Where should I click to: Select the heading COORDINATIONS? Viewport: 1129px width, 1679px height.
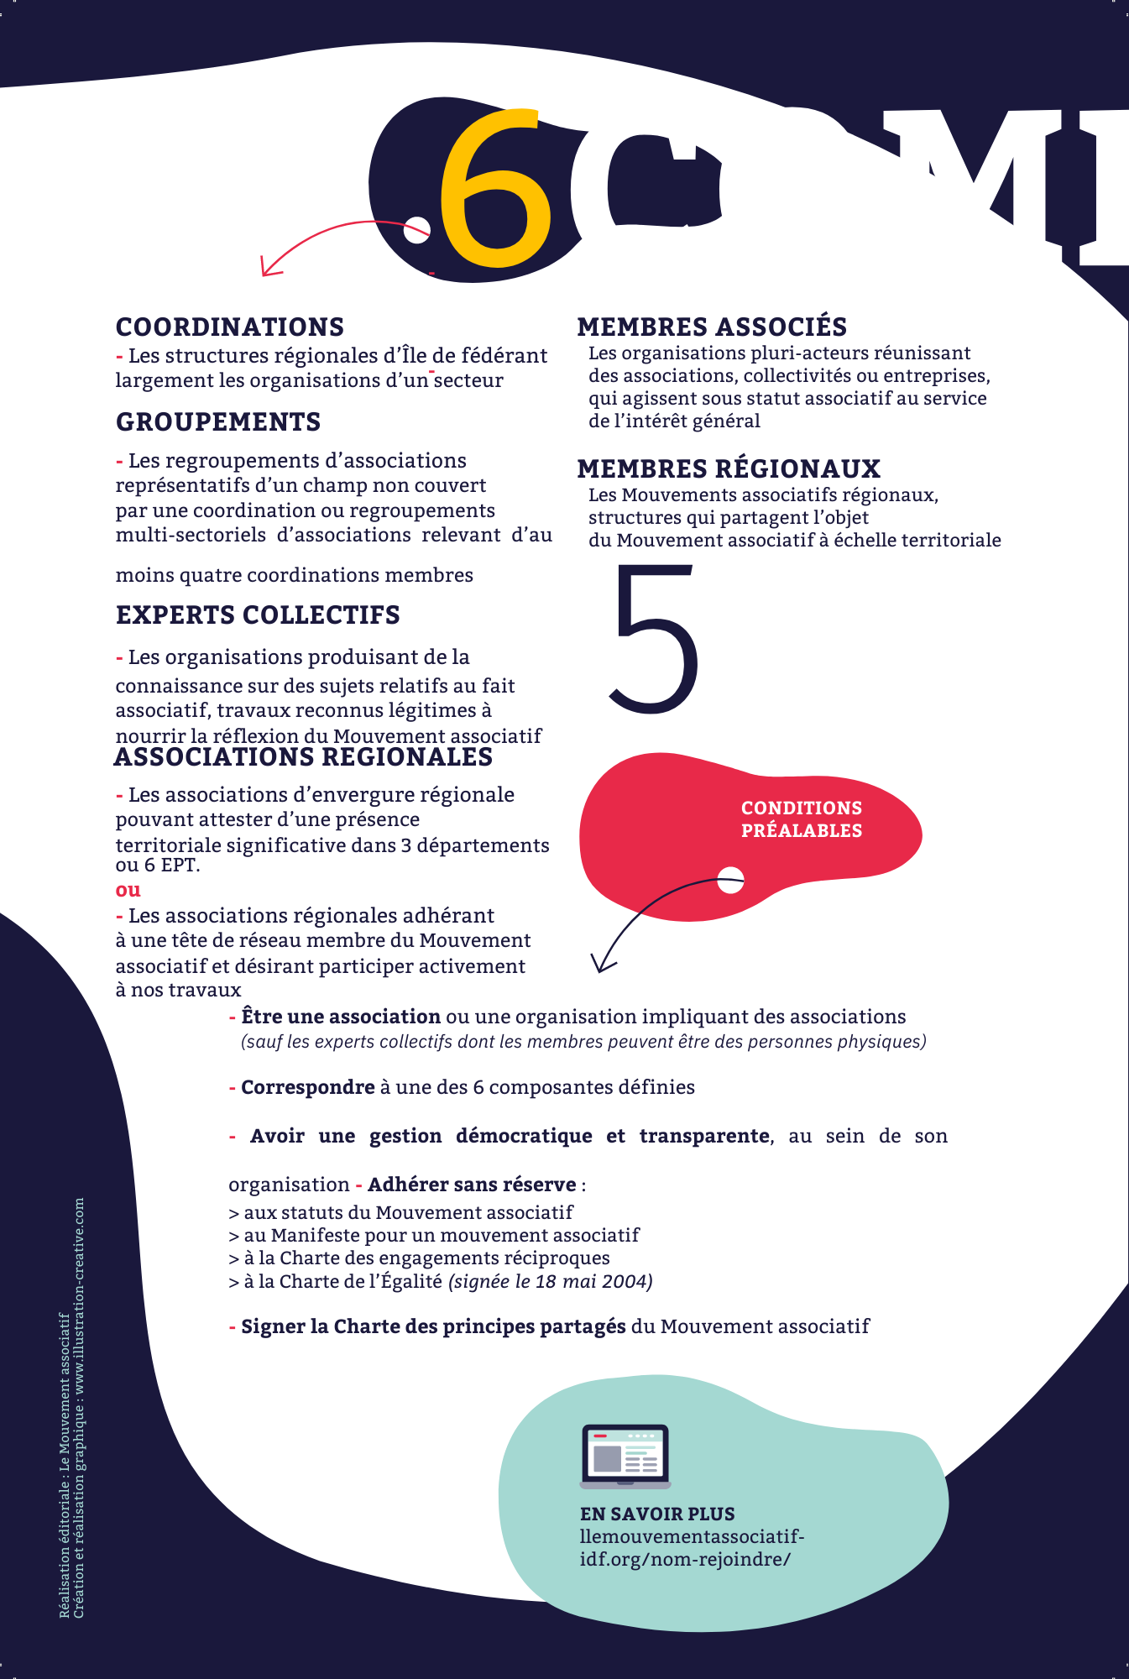click(x=230, y=327)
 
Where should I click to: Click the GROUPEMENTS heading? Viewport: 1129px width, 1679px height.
click(x=218, y=421)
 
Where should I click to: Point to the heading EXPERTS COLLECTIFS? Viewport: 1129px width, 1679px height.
click(x=258, y=615)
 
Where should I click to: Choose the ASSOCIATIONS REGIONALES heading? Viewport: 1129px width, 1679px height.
click(x=303, y=757)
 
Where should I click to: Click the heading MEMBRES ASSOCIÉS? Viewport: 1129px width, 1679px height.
click(x=712, y=327)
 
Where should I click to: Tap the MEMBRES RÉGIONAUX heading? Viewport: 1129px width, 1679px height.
click(x=729, y=468)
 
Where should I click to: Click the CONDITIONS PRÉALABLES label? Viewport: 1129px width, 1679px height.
click(x=801, y=819)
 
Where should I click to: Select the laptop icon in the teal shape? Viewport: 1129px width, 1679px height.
click(x=625, y=1456)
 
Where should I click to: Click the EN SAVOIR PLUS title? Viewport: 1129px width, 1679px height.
click(x=657, y=1514)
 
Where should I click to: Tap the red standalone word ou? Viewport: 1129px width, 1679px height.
click(x=128, y=890)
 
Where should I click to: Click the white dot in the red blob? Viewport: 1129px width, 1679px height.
click(x=731, y=880)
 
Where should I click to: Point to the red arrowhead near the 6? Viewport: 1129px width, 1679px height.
click(x=269, y=268)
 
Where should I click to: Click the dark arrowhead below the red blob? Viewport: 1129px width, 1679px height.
click(x=602, y=964)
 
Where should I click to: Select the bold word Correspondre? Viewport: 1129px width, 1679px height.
click(x=307, y=1087)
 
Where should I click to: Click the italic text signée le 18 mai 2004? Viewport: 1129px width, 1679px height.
click(x=550, y=1281)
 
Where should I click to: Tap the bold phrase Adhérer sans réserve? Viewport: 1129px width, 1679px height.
click(x=472, y=1185)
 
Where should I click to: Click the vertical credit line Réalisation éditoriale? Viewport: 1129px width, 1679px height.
click(x=64, y=1465)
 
